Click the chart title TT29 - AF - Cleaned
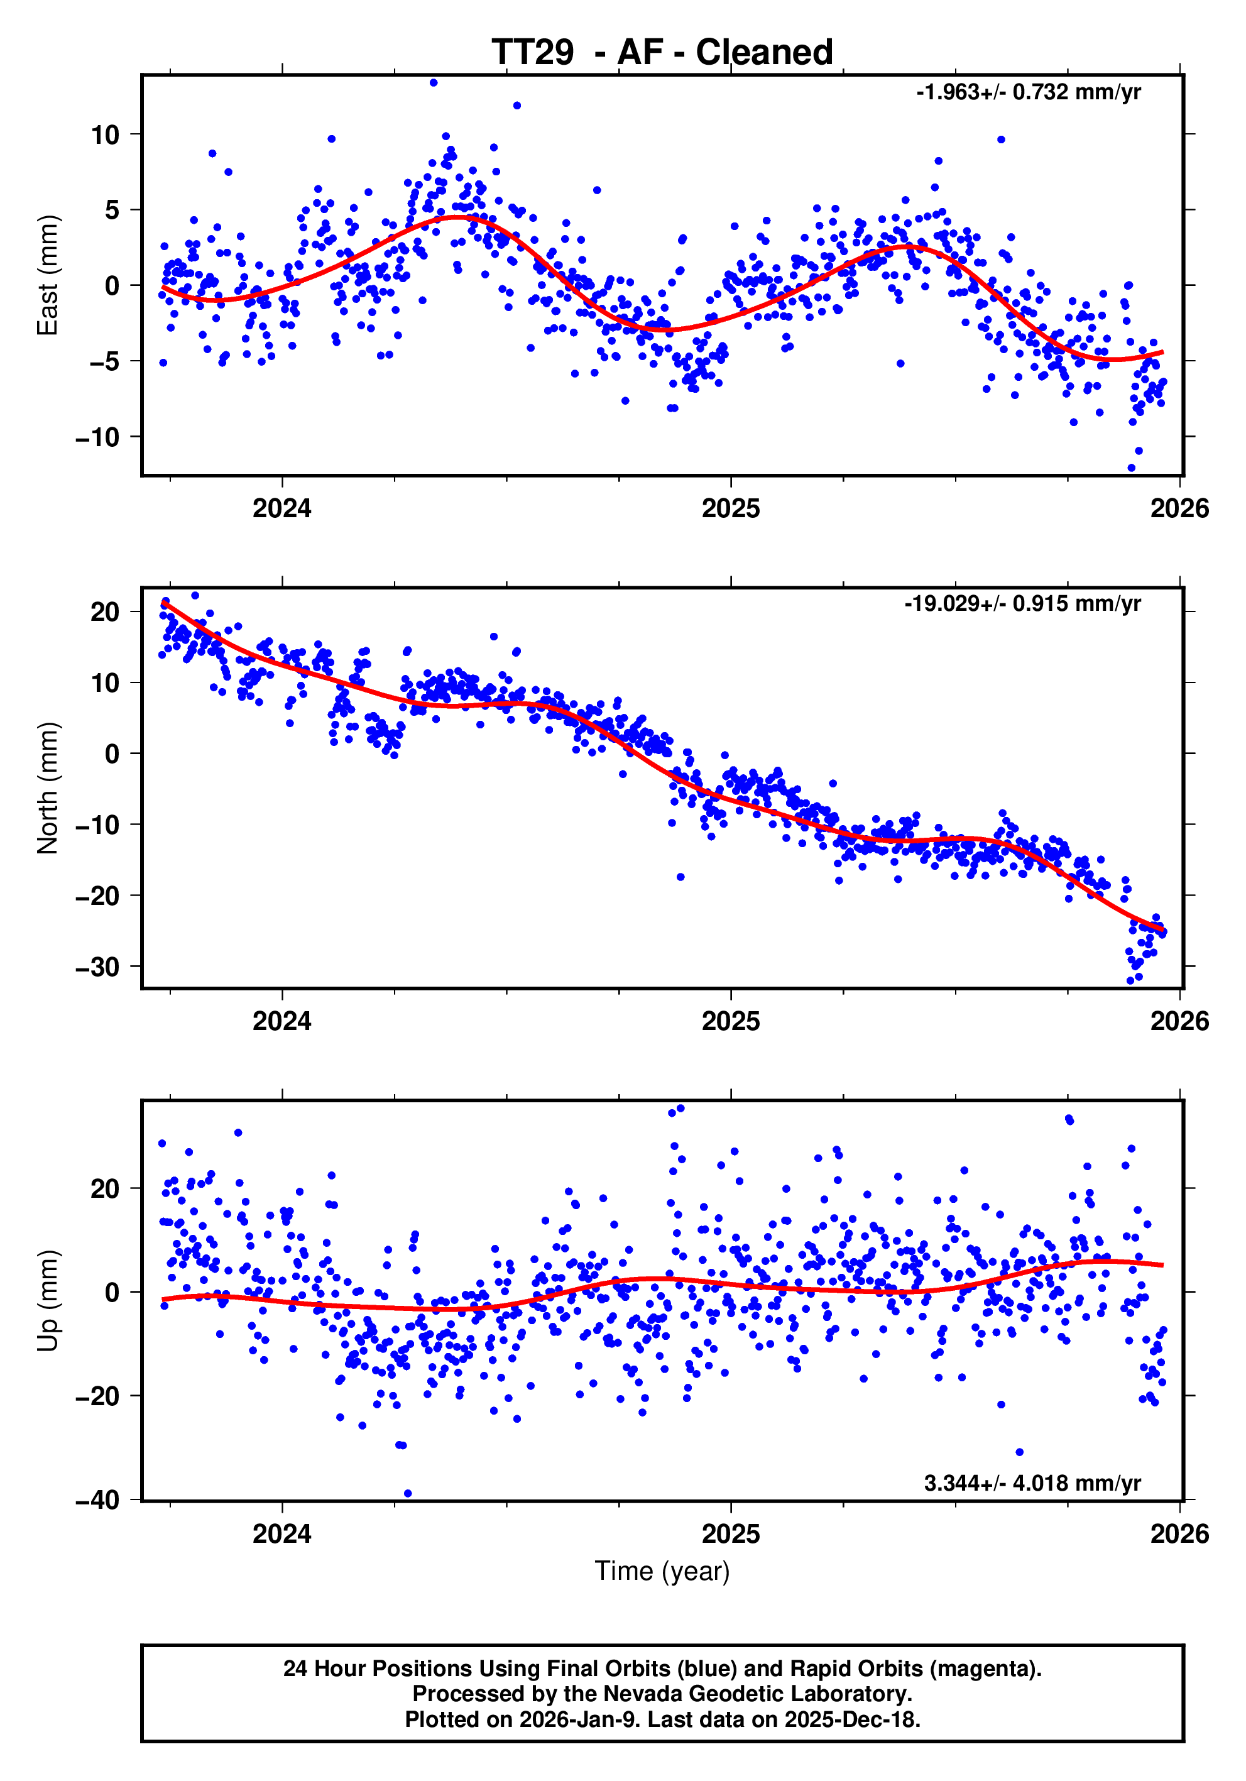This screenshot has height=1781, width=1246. pos(662,53)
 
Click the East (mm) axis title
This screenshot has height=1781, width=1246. pos(48,275)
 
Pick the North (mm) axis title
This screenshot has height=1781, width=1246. pos(48,788)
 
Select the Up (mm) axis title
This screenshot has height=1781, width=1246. pos(48,1301)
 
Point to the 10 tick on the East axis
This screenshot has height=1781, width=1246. pos(106,135)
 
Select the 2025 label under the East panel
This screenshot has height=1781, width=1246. pos(730,509)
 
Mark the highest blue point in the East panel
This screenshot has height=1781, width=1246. pos(434,83)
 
